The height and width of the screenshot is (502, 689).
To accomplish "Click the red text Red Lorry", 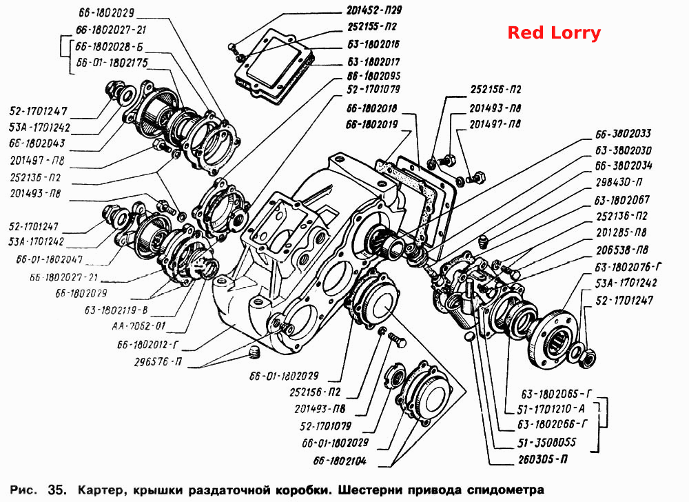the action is pyautogui.click(x=554, y=33).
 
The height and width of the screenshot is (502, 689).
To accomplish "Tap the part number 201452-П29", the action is pyautogui.click(x=374, y=10).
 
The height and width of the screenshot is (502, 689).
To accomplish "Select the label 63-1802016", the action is pyautogui.click(x=373, y=44).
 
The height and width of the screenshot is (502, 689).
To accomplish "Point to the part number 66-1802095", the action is pyautogui.click(x=373, y=76).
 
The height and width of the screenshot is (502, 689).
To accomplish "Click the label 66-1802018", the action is pyautogui.click(x=371, y=108).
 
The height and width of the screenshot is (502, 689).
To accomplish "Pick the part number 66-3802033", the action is pyautogui.click(x=623, y=134).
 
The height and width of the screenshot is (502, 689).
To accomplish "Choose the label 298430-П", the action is pyautogui.click(x=619, y=183).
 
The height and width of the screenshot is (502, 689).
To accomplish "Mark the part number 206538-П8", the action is pyautogui.click(x=622, y=250).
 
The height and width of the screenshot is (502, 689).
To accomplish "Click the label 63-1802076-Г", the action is pyautogui.click(x=628, y=268).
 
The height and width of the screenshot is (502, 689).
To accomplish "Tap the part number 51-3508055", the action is pyautogui.click(x=546, y=442).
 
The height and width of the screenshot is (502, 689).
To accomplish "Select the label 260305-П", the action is pyautogui.click(x=543, y=459).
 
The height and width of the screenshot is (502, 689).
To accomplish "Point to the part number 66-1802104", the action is pyautogui.click(x=340, y=461).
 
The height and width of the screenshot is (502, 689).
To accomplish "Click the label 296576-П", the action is pyautogui.click(x=158, y=362).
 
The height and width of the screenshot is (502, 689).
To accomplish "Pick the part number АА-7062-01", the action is pyautogui.click(x=139, y=326).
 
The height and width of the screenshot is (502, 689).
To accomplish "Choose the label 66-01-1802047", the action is pyautogui.click(x=49, y=259).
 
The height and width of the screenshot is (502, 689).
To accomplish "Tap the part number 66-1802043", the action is pyautogui.click(x=37, y=143).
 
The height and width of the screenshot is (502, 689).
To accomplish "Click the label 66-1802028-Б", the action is pyautogui.click(x=109, y=47).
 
